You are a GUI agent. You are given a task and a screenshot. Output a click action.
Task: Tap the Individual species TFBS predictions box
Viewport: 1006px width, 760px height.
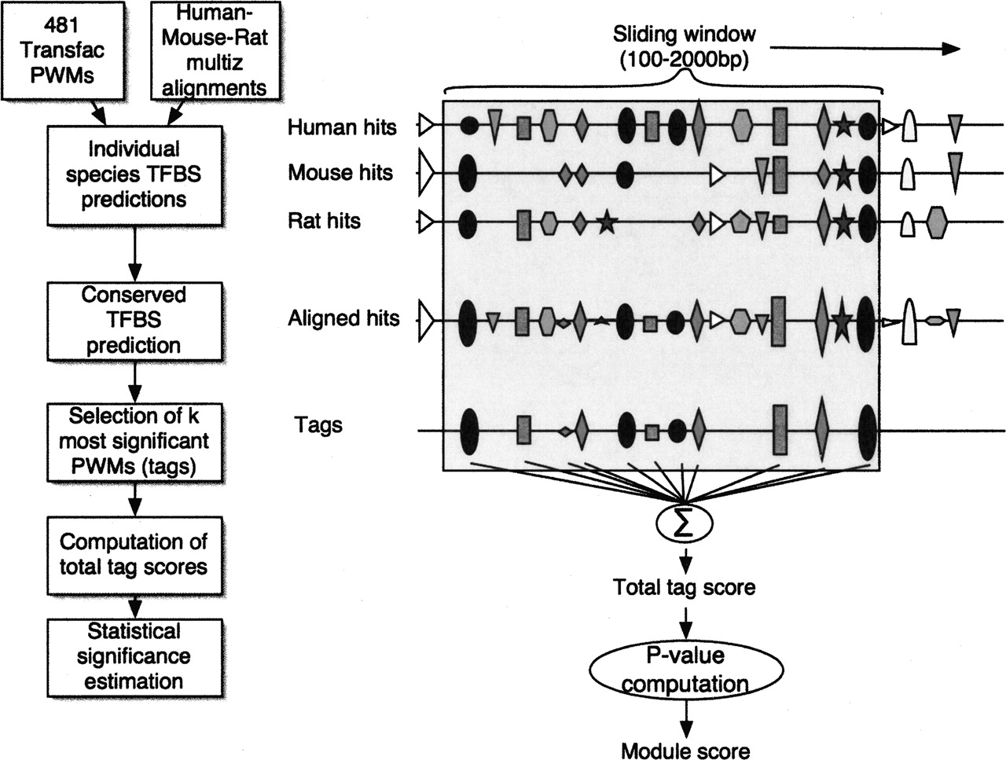134,174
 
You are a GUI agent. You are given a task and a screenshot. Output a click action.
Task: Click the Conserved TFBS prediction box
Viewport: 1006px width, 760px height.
134,321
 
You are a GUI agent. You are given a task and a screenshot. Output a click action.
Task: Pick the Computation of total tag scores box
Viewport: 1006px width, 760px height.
134,554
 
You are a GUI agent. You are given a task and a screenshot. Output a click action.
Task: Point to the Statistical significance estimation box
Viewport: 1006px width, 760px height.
134,656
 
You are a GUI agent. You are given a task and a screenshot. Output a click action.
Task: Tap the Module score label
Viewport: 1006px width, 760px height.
685,751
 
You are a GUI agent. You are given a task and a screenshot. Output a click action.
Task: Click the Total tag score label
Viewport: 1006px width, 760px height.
684,586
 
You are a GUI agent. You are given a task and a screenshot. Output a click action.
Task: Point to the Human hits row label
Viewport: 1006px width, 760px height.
342,127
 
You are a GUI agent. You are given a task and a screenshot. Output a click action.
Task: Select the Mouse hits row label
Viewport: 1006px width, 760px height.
340,173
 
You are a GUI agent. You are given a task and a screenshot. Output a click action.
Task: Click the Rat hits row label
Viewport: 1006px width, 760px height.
324,221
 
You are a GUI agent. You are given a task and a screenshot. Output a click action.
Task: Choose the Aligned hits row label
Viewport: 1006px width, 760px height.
343,318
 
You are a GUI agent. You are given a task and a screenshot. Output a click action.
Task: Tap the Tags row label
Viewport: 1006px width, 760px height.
318,425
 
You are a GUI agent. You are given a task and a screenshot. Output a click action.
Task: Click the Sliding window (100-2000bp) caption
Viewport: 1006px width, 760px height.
684,46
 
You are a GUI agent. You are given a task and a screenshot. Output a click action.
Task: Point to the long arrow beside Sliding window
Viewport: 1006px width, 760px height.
865,48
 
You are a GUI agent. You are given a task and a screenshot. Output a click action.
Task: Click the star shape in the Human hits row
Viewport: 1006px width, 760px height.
843,126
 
